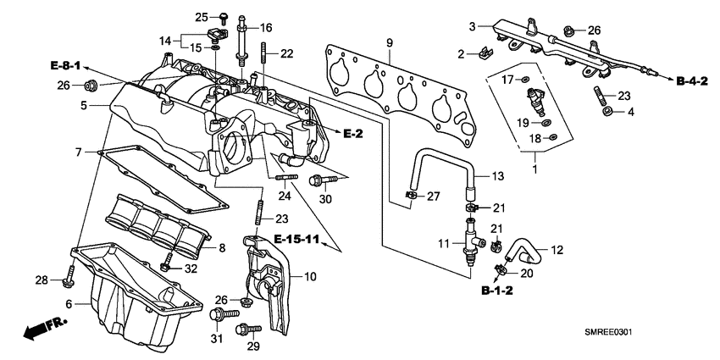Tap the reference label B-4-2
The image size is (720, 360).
coord(693,80)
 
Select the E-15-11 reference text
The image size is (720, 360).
coord(296,241)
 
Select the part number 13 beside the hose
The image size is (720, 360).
coord(498,176)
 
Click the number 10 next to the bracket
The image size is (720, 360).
coord(309,276)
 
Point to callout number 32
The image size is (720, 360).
coord(191,269)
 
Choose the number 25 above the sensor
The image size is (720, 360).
coord(201,17)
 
